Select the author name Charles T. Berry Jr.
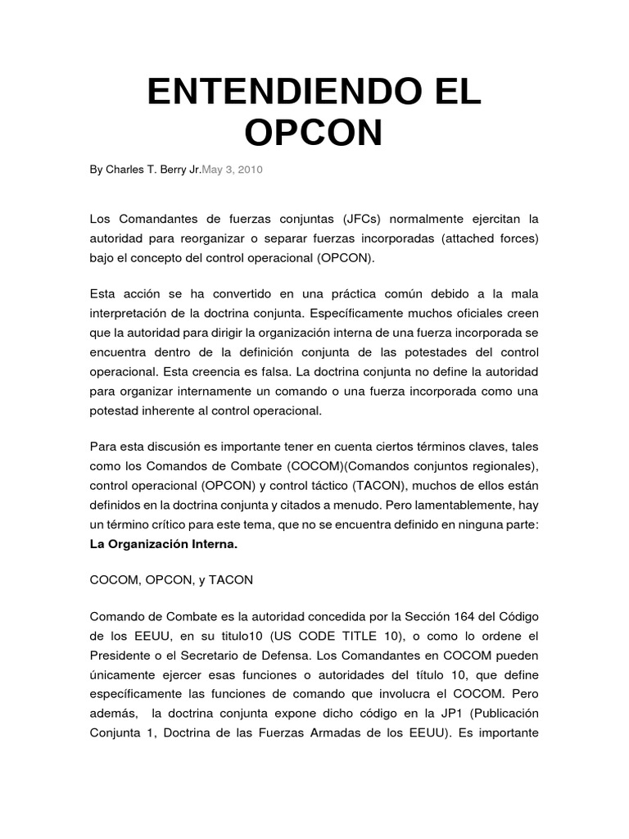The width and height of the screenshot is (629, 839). [x=153, y=170]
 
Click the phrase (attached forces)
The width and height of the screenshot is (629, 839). [x=491, y=238]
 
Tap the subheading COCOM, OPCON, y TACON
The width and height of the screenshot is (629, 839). [x=171, y=579]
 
